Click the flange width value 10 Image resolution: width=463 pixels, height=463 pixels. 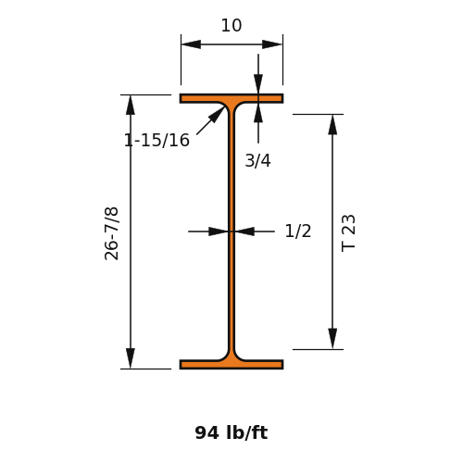[231, 25]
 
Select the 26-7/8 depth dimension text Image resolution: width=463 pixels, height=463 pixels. [111, 233]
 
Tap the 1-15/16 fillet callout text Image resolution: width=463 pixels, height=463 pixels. [156, 140]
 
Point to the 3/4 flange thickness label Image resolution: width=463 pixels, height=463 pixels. [257, 161]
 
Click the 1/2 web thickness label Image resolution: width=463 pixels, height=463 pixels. [298, 231]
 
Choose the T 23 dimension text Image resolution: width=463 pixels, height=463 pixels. [348, 233]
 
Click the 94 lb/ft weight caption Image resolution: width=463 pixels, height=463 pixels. [231, 432]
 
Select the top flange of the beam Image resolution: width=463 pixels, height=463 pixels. [231, 98]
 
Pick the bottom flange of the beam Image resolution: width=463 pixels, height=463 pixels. [231, 365]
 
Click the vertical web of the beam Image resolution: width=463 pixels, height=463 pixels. [231, 231]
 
